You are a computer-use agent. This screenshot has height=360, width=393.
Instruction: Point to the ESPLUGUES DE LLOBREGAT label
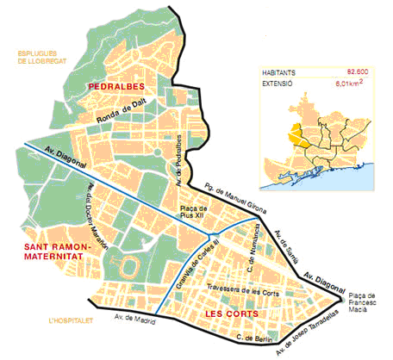(x=39, y=58)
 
